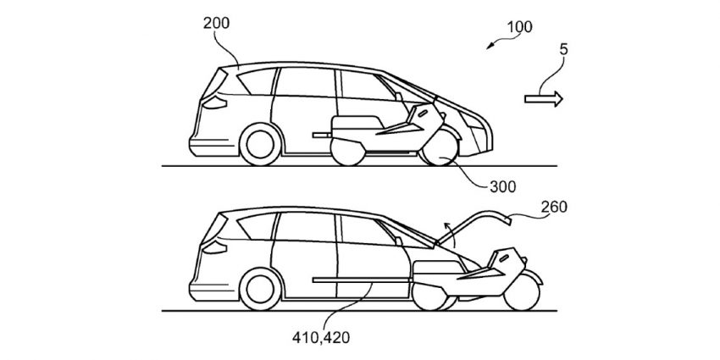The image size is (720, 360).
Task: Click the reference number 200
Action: click(216, 24)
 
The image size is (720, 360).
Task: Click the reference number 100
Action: click(519, 27)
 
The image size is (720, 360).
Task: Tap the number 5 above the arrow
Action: click(563, 50)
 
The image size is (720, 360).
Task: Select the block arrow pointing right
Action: click(544, 99)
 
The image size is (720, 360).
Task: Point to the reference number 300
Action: click(502, 186)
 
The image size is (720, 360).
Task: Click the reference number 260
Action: click(554, 207)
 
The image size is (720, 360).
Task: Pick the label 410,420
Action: click(320, 338)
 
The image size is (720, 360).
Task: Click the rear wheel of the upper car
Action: click(260, 144)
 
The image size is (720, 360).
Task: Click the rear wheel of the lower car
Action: click(260, 289)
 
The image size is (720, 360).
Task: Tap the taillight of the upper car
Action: click(215, 102)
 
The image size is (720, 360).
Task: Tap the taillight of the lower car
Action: click(215, 247)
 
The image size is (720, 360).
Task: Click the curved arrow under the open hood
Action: click(451, 235)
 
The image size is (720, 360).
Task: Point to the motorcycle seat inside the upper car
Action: click(357, 122)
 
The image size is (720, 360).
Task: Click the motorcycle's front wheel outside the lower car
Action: click(521, 292)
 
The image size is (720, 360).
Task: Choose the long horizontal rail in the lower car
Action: click(363, 280)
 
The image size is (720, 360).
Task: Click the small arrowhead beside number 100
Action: click(490, 46)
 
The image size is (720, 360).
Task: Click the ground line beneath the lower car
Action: click(359, 311)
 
